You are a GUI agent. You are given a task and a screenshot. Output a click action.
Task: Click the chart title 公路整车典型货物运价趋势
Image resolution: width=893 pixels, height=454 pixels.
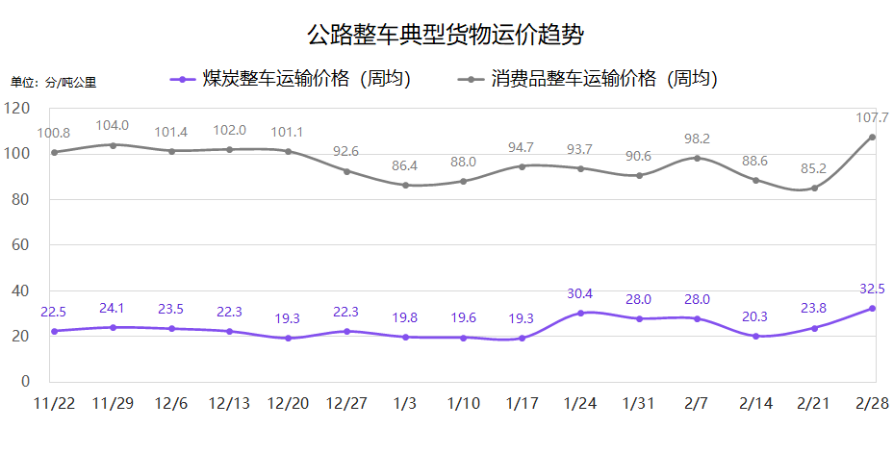[446, 36]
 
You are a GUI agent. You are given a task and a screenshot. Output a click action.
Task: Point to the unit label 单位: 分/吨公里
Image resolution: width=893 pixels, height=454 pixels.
[54, 83]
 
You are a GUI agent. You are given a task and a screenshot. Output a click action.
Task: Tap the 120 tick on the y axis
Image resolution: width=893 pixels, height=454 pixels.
[18, 109]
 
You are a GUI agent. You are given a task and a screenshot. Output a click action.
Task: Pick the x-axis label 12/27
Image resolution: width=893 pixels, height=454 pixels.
[346, 403]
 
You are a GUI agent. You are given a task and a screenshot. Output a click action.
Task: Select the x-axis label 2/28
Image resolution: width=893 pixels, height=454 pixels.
[873, 403]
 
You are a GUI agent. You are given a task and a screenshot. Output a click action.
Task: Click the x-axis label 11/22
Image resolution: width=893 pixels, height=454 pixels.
[54, 403]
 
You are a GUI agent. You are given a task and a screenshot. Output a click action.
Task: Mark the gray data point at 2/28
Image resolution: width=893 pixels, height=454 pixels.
[873, 137]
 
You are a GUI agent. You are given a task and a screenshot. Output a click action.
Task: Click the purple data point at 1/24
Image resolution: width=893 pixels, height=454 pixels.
[580, 313]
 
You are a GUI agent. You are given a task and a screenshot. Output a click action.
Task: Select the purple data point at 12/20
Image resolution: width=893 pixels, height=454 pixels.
[288, 338]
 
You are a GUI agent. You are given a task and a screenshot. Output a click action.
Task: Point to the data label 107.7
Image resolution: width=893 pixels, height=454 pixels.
[871, 118]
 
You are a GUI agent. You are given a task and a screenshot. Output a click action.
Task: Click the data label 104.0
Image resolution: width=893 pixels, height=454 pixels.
[113, 125]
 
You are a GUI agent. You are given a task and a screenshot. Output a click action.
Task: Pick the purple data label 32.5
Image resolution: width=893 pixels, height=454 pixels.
[872, 288]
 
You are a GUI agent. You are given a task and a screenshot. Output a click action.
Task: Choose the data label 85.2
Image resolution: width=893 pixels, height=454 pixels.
[814, 168]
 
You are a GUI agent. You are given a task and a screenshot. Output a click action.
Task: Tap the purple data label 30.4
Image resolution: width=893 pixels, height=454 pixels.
[580, 293]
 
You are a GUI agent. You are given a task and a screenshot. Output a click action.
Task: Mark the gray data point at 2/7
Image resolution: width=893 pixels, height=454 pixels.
[697, 158]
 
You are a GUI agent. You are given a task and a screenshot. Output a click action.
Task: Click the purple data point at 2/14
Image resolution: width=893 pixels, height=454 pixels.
[755, 336]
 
